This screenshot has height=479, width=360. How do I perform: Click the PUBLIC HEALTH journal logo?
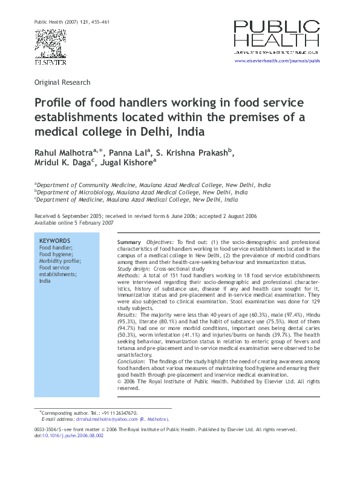[x=277, y=36]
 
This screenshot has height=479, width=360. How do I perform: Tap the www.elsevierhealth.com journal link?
[x=277, y=61]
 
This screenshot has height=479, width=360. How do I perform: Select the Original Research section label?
[x=62, y=82]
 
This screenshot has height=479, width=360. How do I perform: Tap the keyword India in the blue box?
[x=45, y=281]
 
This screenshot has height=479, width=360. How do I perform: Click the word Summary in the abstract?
[x=128, y=242]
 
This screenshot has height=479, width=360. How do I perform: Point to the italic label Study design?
[x=133, y=268]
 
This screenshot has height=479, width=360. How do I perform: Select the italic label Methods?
[x=128, y=275]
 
